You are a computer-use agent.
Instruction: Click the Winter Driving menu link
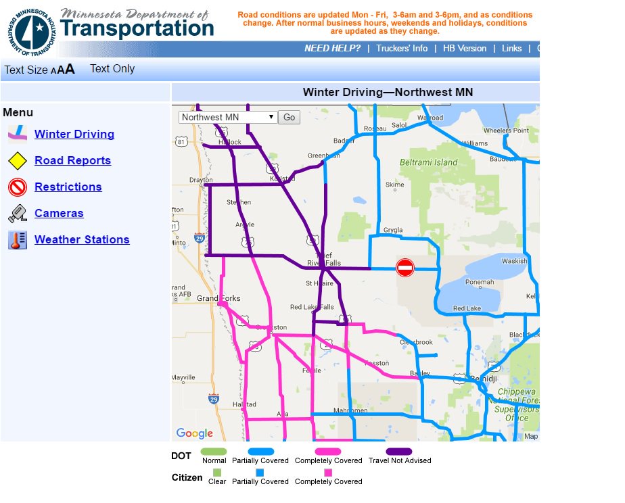pos(74,134)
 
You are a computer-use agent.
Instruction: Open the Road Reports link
pos(72,160)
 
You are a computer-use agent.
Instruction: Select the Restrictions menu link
pos(68,187)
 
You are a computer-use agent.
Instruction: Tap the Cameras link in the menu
pos(59,213)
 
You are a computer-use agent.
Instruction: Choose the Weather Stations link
pos(82,239)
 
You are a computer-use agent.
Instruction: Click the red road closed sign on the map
pos(404,268)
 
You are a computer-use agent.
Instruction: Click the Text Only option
pos(112,69)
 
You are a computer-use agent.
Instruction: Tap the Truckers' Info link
pos(402,49)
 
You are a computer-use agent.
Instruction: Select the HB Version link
pos(464,49)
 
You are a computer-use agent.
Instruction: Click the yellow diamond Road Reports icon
pos(18,161)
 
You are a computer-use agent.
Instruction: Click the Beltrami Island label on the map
pos(428,162)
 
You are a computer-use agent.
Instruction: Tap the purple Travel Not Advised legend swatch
pos(399,452)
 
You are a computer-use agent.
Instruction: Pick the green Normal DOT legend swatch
pos(214,452)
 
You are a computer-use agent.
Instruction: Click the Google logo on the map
pos(194,433)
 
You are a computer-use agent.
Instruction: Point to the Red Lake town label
pos(467,308)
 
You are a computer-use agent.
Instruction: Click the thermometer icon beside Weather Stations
pos(18,240)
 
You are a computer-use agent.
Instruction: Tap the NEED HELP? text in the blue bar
pos(332,49)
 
